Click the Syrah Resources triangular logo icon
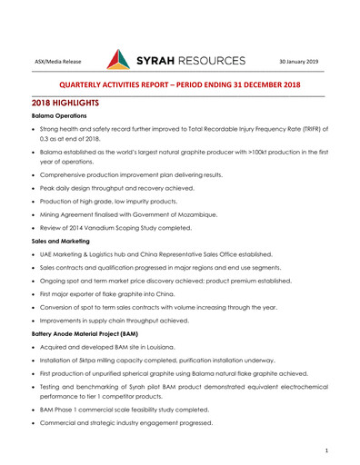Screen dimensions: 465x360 click(x=118, y=60)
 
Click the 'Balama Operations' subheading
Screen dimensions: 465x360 click(x=61, y=119)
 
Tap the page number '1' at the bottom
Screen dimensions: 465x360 click(x=325, y=450)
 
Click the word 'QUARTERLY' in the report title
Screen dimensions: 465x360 click(x=88, y=84)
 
